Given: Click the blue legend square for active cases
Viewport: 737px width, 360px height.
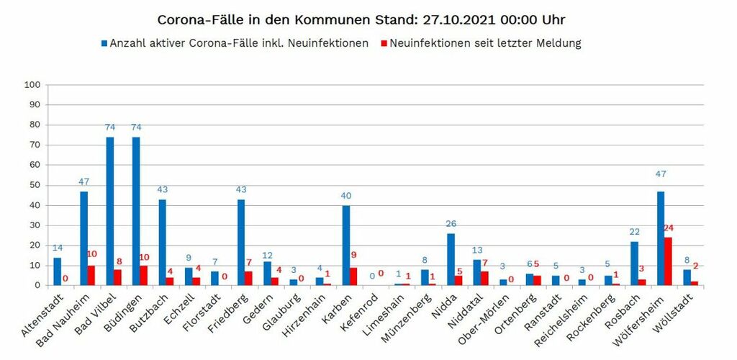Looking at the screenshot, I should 103,43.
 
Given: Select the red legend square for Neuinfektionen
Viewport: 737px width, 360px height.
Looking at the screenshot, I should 384,43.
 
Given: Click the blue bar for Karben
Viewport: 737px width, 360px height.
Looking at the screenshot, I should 346,246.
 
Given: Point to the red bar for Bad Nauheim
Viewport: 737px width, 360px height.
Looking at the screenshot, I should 92,276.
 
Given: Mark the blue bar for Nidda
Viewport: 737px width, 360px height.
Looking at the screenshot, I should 451,259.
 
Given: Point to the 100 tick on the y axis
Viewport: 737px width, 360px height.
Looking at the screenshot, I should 32,85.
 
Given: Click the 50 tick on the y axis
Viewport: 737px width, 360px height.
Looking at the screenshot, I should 35,185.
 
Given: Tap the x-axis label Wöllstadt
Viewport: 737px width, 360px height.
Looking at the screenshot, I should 674,313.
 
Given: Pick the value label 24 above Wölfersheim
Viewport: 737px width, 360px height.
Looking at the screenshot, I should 669,228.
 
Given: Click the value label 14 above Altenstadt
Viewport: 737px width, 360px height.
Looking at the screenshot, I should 58,248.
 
